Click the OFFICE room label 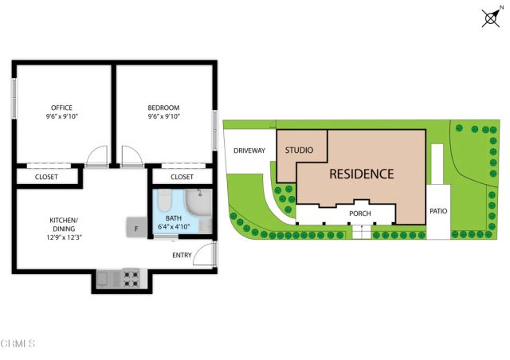pos(61,108)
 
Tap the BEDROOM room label pos(163,108)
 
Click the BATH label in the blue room pos(174,218)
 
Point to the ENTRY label pos(182,255)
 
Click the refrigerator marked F pos(135,228)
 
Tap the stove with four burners pos(130,279)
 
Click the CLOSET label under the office pos(46,177)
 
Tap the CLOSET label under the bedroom pos(182,177)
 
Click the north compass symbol pos(491,17)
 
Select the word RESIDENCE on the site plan pos(362,174)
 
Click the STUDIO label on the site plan pos(300,151)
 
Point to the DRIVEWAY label pos(249,151)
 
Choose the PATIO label pos(438,212)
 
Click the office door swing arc pos(96,156)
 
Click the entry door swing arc pos(206,255)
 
